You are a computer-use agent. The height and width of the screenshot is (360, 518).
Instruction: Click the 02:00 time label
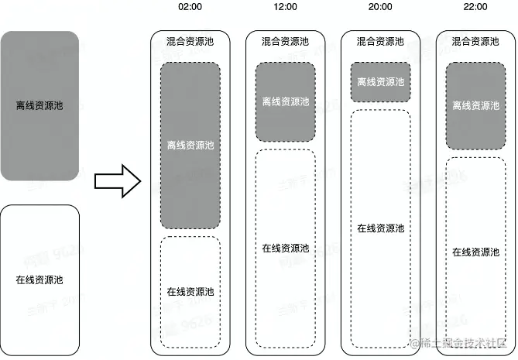coord(190,7)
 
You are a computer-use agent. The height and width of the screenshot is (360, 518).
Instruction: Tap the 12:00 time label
coord(286,7)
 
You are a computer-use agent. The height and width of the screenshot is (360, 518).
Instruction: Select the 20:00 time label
coord(381,7)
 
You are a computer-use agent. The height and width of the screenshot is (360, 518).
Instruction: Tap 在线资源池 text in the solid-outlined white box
coord(39,279)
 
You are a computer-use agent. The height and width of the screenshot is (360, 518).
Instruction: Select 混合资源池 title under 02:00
coord(190,42)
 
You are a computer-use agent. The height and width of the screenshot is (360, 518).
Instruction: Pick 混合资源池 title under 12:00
coord(286,42)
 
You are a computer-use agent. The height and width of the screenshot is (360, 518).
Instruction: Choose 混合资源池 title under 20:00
coord(381,42)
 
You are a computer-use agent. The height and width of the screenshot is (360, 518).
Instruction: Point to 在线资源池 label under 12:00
coord(286,249)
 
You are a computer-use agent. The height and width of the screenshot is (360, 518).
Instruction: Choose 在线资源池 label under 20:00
coord(381,228)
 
